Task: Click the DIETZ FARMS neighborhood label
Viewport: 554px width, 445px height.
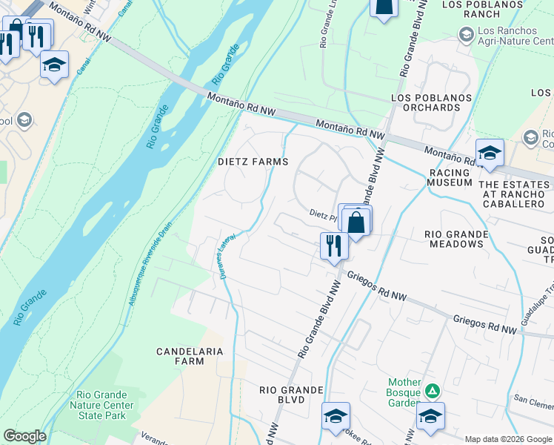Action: [x=253, y=161]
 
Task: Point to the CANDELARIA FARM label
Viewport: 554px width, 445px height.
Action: [x=178, y=355]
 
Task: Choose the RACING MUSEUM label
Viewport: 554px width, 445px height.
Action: [x=450, y=177]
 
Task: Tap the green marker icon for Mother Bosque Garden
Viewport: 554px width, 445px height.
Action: [x=435, y=390]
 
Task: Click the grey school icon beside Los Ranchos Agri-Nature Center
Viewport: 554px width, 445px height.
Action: [x=466, y=34]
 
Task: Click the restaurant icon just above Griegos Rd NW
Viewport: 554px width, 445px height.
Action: [x=334, y=245]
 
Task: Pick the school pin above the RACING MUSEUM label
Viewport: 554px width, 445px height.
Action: [x=490, y=154]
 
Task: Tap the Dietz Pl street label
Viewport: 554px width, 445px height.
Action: [x=323, y=214]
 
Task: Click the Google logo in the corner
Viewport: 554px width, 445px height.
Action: [x=24, y=436]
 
